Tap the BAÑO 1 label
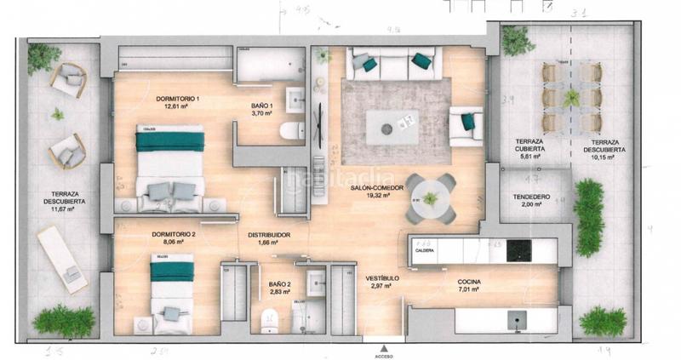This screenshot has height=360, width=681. pyautogui.click(x=261, y=106)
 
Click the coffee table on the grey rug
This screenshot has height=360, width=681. pyautogui.click(x=392, y=126)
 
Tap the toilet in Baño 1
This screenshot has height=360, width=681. pyautogui.click(x=289, y=130)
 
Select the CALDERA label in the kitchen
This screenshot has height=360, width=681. pyautogui.click(x=425, y=251)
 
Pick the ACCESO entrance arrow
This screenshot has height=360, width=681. pyautogui.click(x=386, y=348)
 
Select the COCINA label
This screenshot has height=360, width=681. pyautogui.click(x=468, y=282)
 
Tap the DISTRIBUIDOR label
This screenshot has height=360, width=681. pyautogui.click(x=270, y=234)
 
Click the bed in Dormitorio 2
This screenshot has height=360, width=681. pyautogui.click(x=172, y=294)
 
